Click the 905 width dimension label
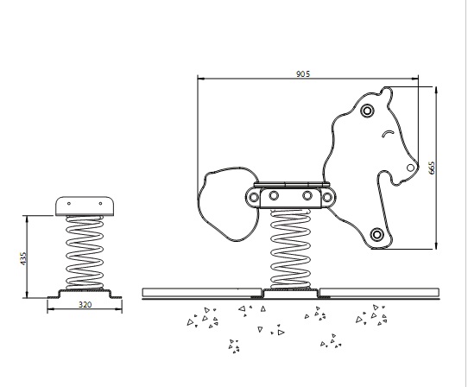[303, 73]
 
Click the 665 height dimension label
[432, 168]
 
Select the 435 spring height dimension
[23, 258]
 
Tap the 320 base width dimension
[85, 305]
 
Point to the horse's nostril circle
[411, 168]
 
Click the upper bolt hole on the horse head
[368, 111]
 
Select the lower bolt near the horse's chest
[377, 234]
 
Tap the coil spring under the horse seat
[290, 250]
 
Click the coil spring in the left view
[85, 252]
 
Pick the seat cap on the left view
[85, 206]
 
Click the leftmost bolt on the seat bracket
[254, 197]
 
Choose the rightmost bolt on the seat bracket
[327, 197]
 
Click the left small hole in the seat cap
[69, 204]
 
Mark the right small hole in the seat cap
[100, 204]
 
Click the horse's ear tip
[386, 87]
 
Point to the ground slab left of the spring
[202, 293]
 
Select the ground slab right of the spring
[379, 293]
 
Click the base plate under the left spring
[85, 294]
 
